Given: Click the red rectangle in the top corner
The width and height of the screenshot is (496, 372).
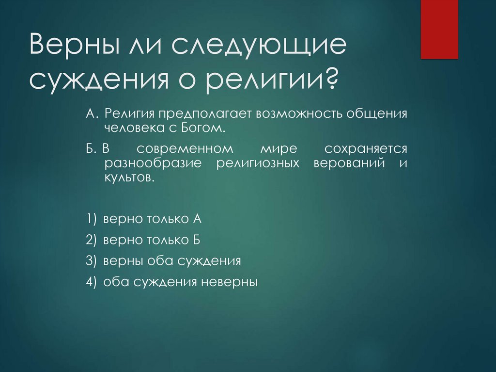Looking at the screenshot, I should point(439,29).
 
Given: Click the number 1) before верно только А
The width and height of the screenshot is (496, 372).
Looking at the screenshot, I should point(93,219).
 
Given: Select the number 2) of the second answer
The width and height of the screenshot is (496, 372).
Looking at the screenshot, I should point(93,240).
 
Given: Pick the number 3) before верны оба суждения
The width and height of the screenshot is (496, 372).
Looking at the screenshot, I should point(93,260).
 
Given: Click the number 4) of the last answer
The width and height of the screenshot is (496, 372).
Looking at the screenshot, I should point(93,282).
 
